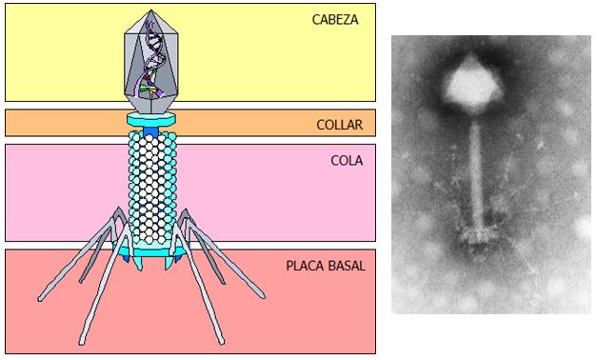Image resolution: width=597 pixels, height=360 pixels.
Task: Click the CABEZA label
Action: click(x=335, y=19)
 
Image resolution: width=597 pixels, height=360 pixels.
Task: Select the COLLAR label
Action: click(x=338, y=124)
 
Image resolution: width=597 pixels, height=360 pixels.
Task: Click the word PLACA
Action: click(x=305, y=265)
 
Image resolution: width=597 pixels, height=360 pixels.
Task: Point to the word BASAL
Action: click(x=345, y=265)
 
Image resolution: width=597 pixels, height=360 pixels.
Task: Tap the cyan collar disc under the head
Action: click(x=152, y=119)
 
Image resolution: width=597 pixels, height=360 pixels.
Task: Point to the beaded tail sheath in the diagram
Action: click(x=152, y=186)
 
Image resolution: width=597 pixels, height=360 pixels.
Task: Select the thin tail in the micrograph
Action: click(x=476, y=171)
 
